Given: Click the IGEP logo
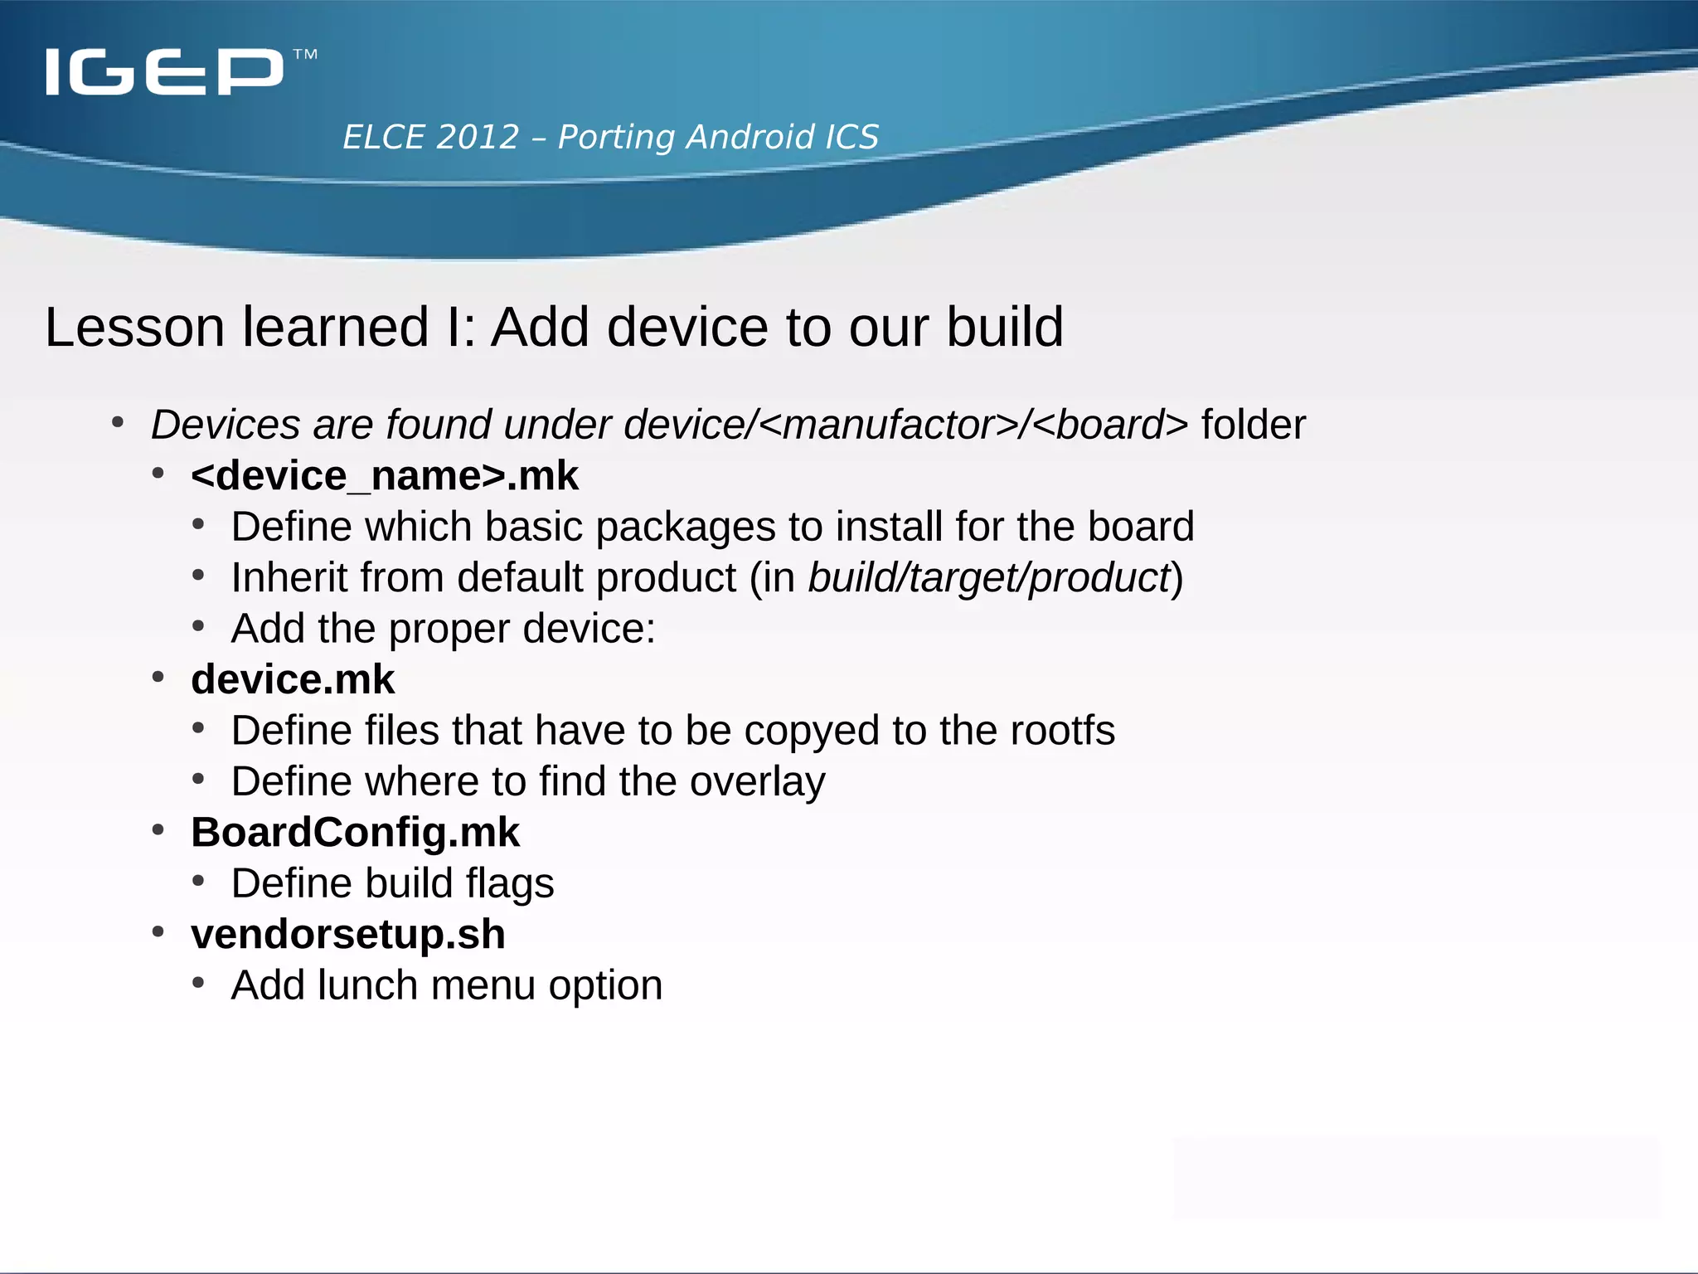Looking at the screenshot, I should pos(164,71).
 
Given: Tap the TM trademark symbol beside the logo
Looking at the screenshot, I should pos(305,56).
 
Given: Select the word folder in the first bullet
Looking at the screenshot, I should pos(1254,425).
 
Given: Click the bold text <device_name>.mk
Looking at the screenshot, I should pos(385,476).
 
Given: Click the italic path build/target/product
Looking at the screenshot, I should pos(988,578).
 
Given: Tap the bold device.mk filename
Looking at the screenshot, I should pos(293,680).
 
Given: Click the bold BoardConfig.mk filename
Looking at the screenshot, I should pos(355,833).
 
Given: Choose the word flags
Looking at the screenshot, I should pos(509,884).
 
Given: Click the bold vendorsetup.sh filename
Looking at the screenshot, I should pos(348,935).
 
